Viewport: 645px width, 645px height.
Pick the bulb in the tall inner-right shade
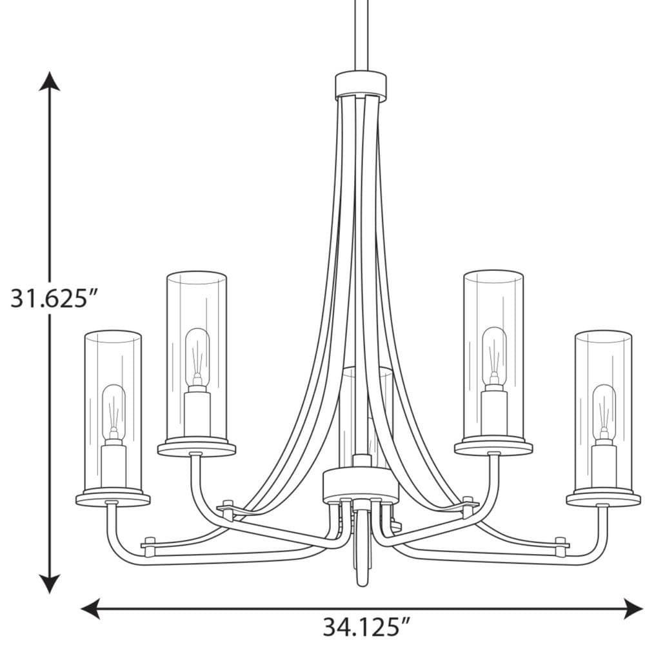pos(494,352)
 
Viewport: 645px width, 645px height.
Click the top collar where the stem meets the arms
pos(360,86)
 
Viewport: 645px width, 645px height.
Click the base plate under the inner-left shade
pos(197,447)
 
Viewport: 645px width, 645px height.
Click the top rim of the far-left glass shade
pos(113,335)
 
